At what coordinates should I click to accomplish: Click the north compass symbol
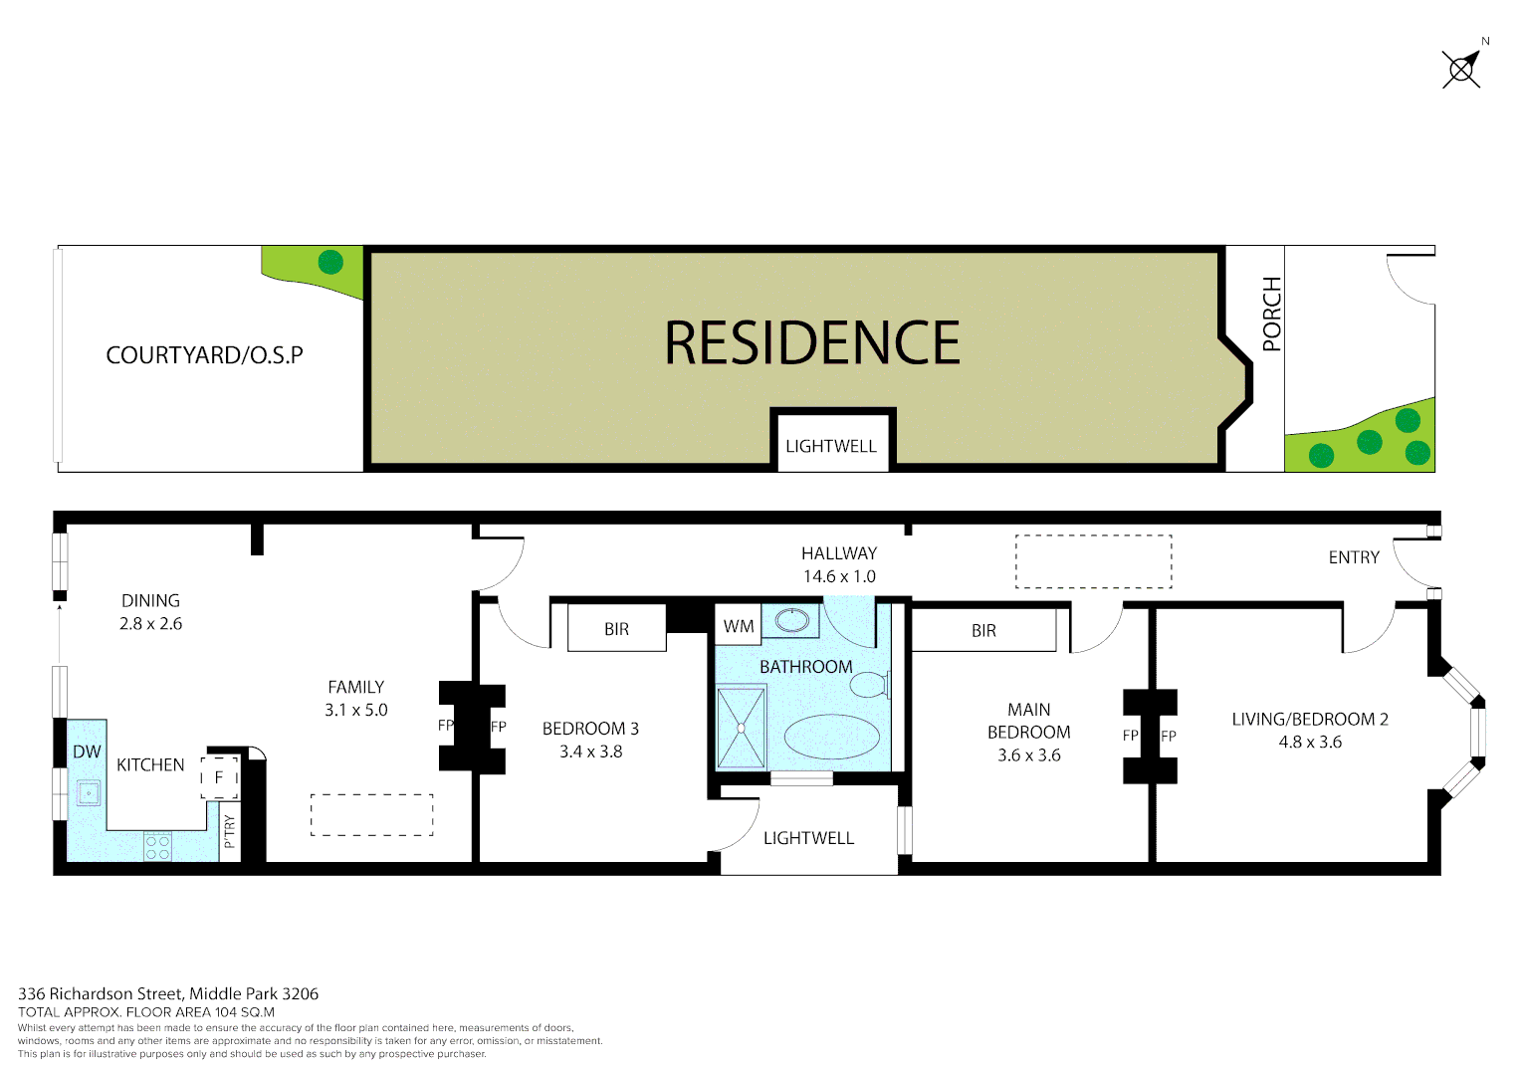(1461, 69)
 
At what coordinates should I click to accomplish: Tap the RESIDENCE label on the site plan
(812, 343)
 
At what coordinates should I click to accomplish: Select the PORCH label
(1271, 315)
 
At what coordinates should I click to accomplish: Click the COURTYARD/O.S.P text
(204, 355)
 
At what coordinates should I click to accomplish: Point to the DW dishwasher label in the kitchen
(87, 752)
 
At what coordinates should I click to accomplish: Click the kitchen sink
(89, 793)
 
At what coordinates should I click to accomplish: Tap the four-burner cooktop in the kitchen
(157, 847)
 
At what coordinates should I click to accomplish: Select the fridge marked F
(220, 777)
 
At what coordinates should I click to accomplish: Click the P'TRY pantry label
(230, 832)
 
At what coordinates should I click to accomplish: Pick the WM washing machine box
(739, 626)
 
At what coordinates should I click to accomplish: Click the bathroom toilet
(870, 685)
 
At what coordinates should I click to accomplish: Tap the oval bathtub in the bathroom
(832, 738)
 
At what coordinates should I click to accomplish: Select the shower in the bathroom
(742, 728)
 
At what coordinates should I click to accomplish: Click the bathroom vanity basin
(793, 620)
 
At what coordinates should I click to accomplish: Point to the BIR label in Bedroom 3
(616, 629)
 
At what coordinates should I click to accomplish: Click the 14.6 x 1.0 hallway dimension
(839, 576)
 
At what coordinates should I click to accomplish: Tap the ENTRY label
(1354, 557)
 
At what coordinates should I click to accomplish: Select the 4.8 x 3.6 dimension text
(1310, 742)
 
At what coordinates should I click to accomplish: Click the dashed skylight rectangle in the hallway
(1093, 561)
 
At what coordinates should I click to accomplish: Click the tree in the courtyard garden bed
(330, 263)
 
